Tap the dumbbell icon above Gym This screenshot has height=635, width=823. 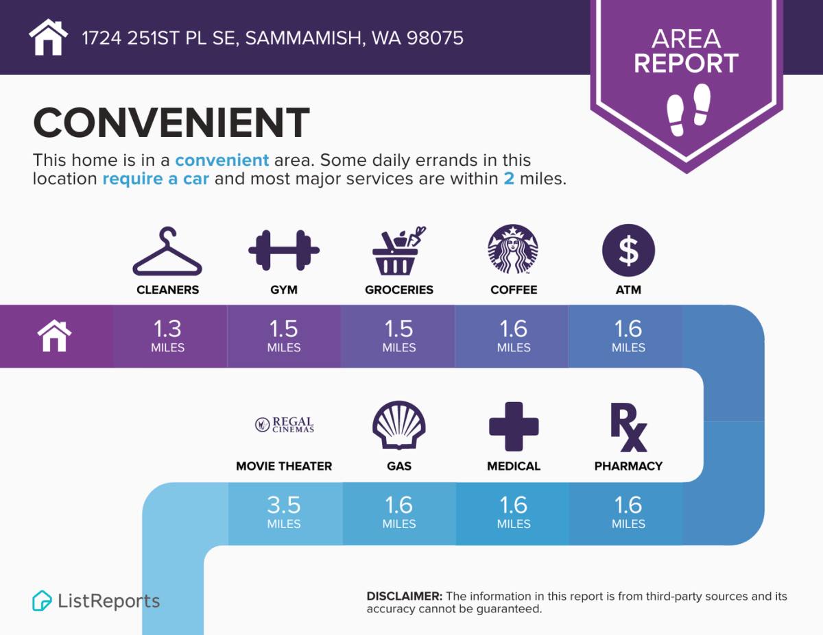tap(284, 250)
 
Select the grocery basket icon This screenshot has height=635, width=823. tap(398, 251)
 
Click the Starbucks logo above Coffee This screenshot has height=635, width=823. tap(513, 249)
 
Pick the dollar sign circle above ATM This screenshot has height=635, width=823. tap(628, 250)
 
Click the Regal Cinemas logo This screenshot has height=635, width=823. tap(285, 425)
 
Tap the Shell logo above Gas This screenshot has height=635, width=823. tap(399, 425)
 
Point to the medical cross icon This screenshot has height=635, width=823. tap(514, 426)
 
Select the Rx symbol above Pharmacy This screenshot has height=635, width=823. tap(628, 427)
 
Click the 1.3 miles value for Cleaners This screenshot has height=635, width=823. tap(167, 336)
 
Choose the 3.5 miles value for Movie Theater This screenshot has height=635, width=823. tap(284, 512)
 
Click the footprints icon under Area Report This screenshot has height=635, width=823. tap(689, 110)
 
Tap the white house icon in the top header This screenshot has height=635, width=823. tap(48, 37)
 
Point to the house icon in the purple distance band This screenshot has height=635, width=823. tap(54, 336)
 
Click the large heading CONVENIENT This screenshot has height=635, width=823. tap(171, 122)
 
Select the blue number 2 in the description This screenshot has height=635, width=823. tap(509, 179)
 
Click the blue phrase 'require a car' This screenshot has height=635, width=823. tap(155, 179)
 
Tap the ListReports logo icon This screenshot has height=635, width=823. tap(42, 601)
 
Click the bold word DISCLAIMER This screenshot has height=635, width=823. tap(404, 596)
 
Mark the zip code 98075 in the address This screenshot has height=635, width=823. tap(435, 38)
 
